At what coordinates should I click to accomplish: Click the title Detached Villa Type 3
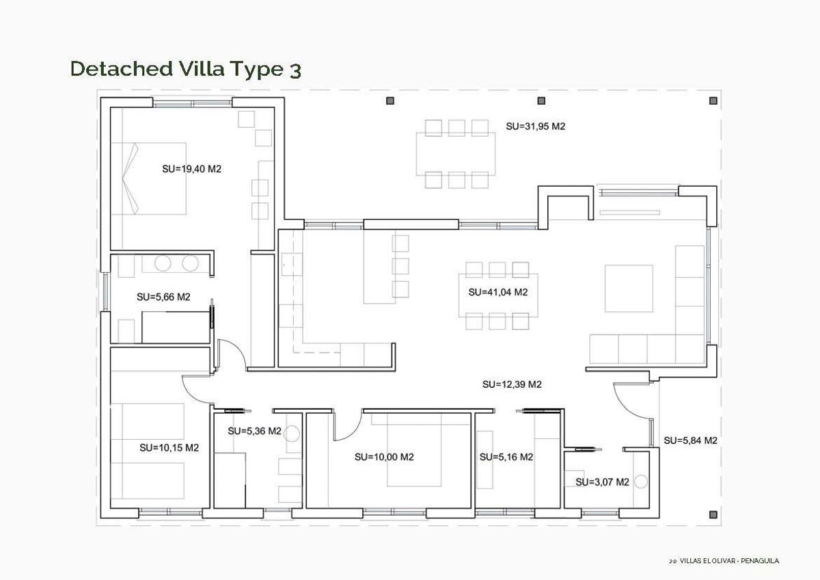(x=185, y=69)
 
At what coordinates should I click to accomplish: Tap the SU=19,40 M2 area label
(x=191, y=169)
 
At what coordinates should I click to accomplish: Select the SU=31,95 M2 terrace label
(x=536, y=127)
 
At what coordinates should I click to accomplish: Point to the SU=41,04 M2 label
(x=498, y=292)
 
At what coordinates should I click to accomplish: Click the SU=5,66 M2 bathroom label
(x=163, y=297)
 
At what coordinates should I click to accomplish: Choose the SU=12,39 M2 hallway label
(x=512, y=384)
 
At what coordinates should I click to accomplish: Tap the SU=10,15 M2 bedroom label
(x=169, y=448)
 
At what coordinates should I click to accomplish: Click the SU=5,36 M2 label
(x=254, y=431)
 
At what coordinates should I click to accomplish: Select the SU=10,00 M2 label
(x=384, y=457)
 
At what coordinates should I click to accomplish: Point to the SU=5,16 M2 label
(x=506, y=457)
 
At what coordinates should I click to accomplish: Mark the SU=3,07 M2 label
(x=602, y=482)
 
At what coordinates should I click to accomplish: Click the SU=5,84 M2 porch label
(x=690, y=440)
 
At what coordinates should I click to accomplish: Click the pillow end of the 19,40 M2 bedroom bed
(x=131, y=179)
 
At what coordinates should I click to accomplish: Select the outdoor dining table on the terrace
(x=456, y=154)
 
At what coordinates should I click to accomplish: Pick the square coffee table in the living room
(x=629, y=288)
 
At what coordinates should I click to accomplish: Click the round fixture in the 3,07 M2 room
(x=640, y=482)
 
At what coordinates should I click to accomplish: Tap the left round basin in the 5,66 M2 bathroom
(x=163, y=263)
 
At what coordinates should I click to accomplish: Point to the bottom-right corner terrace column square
(x=713, y=514)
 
